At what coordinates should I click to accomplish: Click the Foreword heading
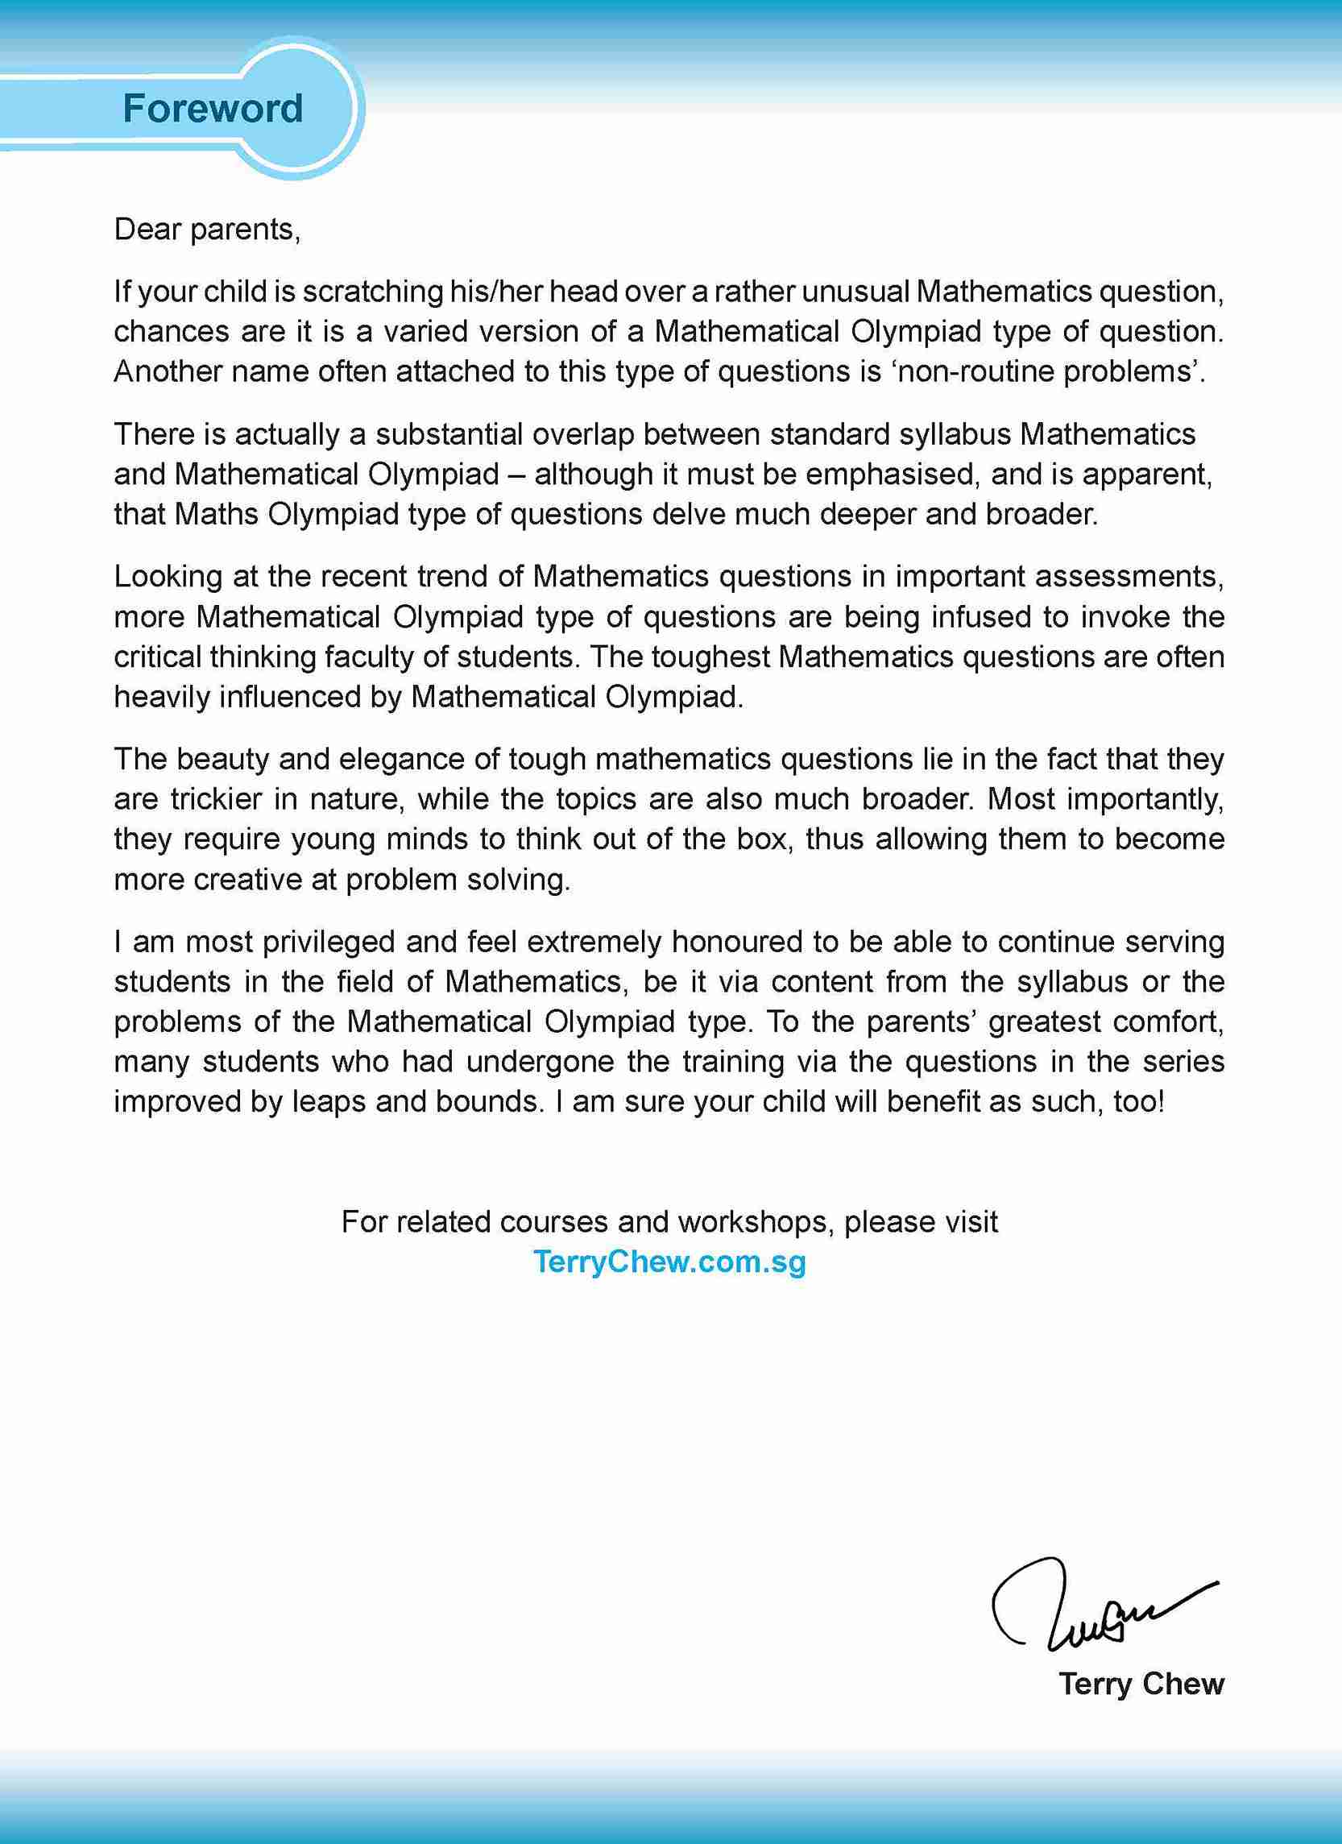[212, 108]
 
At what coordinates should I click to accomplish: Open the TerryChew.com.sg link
[669, 1262]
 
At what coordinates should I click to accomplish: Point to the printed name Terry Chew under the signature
[1141, 1684]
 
